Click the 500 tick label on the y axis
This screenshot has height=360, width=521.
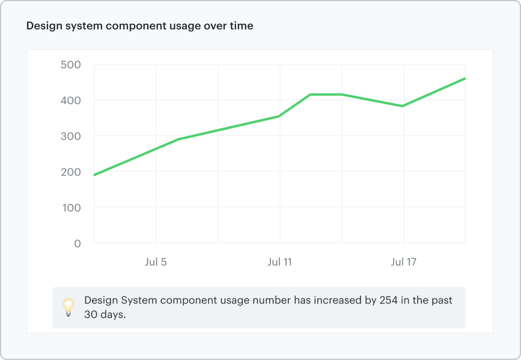tap(71, 65)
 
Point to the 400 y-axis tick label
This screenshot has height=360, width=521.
tap(71, 101)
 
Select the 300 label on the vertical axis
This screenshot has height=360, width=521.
tap(71, 136)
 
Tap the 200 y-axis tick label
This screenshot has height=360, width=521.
tap(71, 172)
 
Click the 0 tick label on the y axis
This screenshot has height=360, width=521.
tap(77, 244)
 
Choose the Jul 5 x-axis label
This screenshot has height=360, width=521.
tap(156, 262)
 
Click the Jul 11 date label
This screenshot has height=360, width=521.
tap(280, 262)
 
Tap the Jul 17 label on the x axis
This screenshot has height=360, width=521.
tap(404, 262)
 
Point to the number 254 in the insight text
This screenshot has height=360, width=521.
tap(389, 300)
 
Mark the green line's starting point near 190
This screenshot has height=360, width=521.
tap(95, 175)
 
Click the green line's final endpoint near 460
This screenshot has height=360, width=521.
tap(465, 78)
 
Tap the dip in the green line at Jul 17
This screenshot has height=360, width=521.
tap(402, 106)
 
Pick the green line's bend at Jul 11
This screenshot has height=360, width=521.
tap(279, 116)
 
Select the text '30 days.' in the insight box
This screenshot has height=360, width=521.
tap(105, 315)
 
